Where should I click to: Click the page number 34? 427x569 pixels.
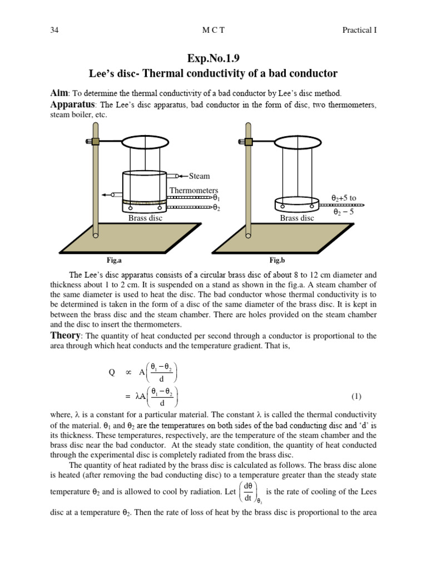(54, 30)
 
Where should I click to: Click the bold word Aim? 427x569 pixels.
(59, 94)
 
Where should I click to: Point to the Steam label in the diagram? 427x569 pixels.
(199, 176)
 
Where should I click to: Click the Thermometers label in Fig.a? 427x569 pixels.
(193, 190)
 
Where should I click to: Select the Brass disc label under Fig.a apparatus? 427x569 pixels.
(145, 218)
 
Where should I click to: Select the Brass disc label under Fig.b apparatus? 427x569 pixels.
(297, 218)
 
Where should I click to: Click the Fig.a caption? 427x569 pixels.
(114, 259)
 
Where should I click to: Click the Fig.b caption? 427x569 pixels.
(277, 259)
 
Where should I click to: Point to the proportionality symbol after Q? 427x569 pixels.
(128, 373)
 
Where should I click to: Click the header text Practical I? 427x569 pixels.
(359, 30)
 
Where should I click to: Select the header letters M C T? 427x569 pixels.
(213, 30)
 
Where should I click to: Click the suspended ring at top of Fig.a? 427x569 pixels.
(146, 141)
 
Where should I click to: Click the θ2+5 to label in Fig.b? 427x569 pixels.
(344, 197)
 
